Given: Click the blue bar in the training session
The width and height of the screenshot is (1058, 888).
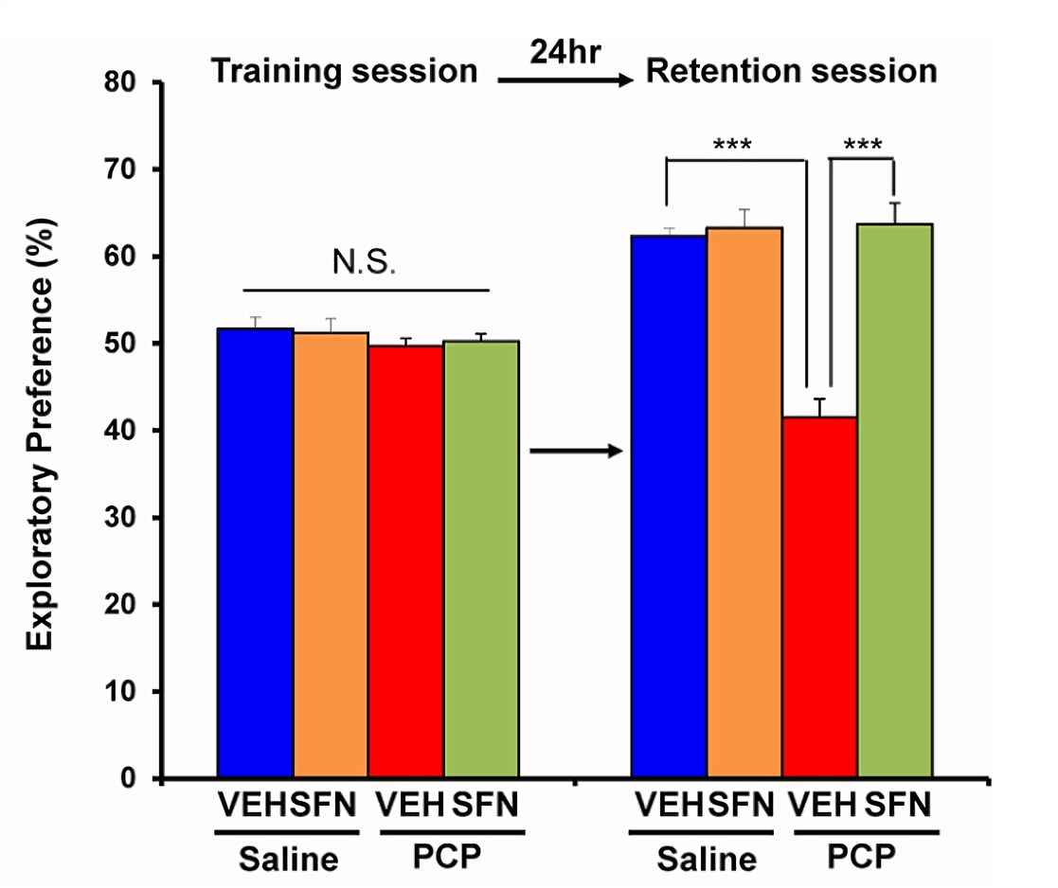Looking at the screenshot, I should pos(256,553).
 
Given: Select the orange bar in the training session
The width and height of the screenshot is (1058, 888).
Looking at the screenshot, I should pos(331,555).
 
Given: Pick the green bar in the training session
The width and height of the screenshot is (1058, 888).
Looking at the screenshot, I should pos(481,559).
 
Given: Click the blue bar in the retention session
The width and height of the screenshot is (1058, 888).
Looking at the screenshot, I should pos(670,506).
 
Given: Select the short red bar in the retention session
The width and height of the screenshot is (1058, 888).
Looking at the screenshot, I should pos(820,597).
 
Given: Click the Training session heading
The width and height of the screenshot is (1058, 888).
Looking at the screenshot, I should pos(343,72).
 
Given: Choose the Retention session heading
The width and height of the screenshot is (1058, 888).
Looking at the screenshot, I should pos(791,72).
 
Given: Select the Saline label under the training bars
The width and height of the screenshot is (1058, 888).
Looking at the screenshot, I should pos(288,860).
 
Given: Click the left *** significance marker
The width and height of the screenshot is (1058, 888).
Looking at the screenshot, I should pos(732,146).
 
